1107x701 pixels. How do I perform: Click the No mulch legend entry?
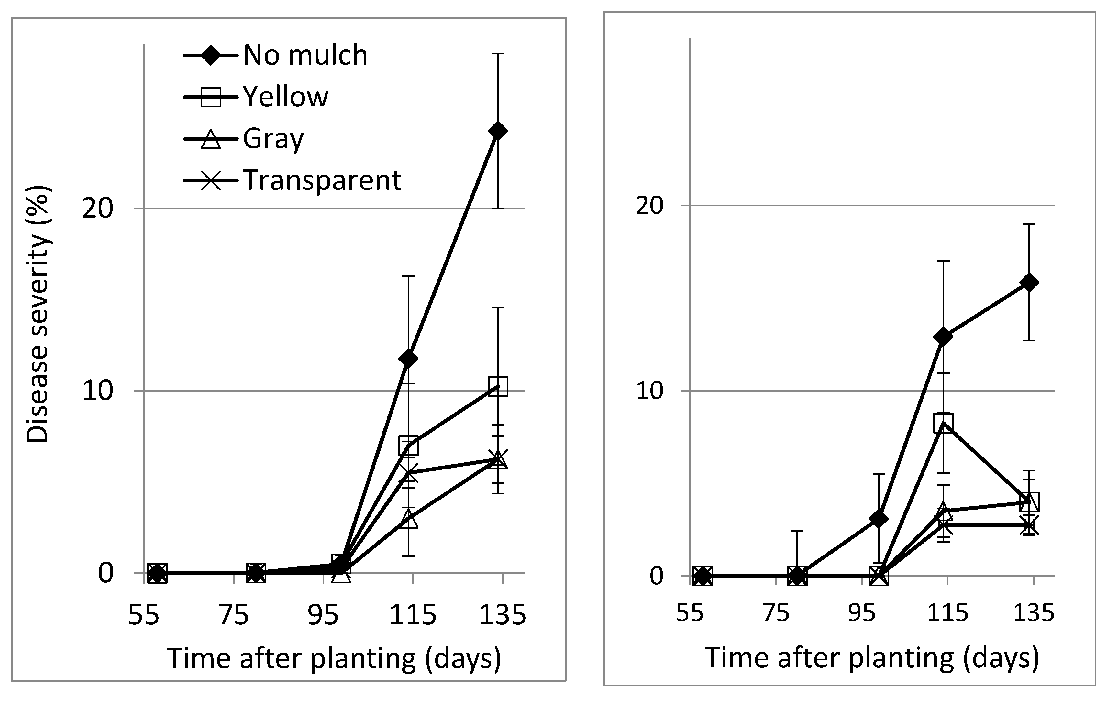(305, 56)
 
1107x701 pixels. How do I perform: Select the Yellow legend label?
(285, 97)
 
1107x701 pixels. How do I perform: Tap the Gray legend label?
(273, 138)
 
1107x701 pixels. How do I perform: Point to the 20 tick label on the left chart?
(97, 209)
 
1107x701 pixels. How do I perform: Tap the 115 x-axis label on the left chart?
(412, 615)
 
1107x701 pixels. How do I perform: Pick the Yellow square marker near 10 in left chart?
(498, 386)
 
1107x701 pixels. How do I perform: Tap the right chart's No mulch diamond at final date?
(1029, 282)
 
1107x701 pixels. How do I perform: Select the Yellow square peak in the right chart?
(943, 423)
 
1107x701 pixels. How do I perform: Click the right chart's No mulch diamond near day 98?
(879, 519)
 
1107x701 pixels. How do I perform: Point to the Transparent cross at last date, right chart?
(1029, 525)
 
